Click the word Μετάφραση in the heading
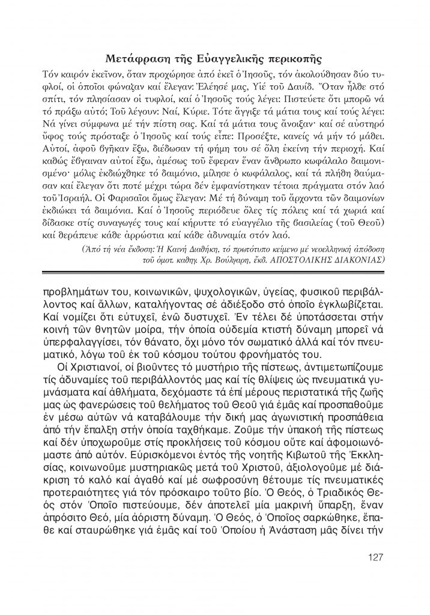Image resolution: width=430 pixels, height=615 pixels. click(x=136, y=58)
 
